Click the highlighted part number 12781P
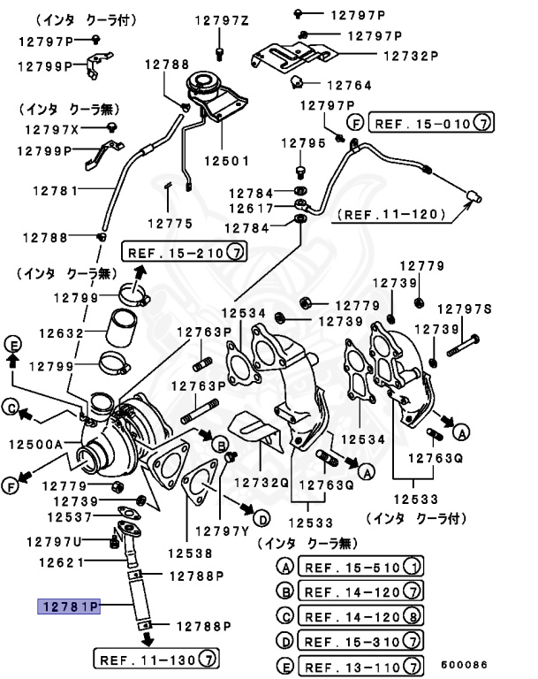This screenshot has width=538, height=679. click(x=69, y=607)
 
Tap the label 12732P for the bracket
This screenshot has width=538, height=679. click(x=410, y=55)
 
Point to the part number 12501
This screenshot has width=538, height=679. click(x=226, y=162)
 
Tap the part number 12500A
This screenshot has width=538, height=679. click(x=36, y=444)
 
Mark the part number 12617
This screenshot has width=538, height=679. click(x=254, y=209)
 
